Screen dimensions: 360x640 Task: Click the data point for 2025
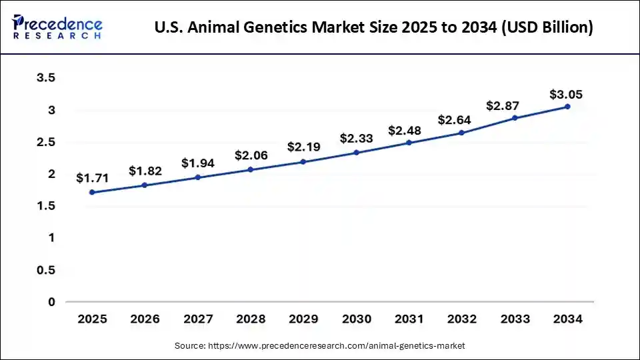click(92, 192)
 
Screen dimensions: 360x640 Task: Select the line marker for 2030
click(356, 153)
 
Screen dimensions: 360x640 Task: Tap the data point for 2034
click(567, 107)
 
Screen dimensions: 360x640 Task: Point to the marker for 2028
click(251, 169)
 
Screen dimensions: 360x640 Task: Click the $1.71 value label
click(92, 178)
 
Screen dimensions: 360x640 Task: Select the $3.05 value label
click(567, 94)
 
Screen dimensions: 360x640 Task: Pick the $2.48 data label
click(409, 130)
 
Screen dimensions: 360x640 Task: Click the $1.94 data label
click(197, 163)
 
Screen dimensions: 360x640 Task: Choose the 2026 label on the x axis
click(145, 319)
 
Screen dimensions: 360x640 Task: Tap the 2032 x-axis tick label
click(461, 319)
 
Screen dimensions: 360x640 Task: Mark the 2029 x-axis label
click(303, 319)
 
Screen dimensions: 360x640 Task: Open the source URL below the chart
click(337, 346)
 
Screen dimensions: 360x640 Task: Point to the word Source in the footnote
click(190, 346)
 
